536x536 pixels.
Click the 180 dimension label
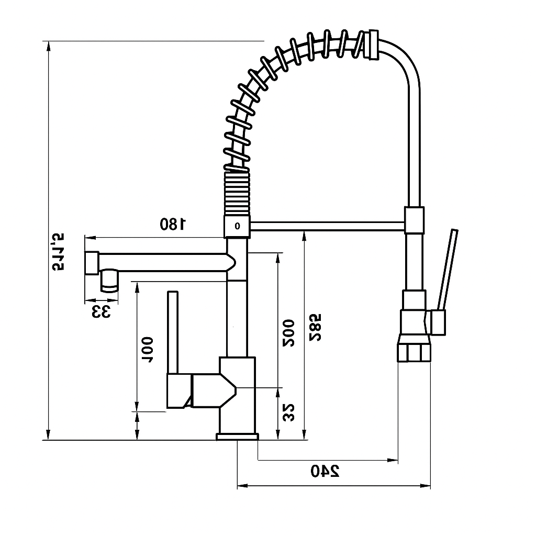(x=173, y=225)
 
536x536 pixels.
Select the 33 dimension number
(x=102, y=312)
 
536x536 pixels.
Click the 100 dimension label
(x=148, y=350)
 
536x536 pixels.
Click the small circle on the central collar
(x=238, y=226)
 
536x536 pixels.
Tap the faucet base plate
(x=237, y=437)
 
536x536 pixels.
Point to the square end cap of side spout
(x=91, y=263)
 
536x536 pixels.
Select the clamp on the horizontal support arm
(x=414, y=220)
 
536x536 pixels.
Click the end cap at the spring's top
(x=372, y=45)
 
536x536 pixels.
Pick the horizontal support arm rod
(x=327, y=226)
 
